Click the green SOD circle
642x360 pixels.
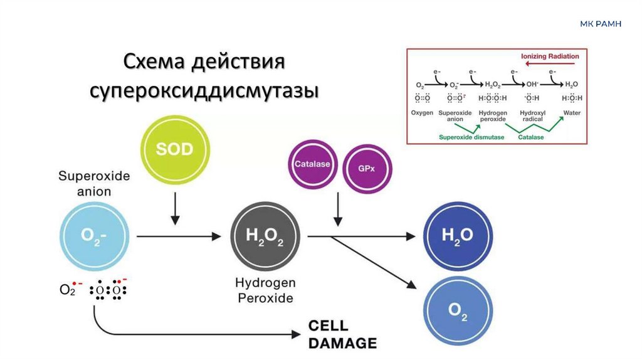(x=175, y=151)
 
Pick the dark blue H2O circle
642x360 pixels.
(x=456, y=235)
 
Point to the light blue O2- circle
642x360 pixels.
(x=95, y=236)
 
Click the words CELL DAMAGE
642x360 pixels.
(x=342, y=335)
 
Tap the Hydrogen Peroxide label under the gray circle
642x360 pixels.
(x=265, y=290)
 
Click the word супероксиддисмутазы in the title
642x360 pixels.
(x=203, y=92)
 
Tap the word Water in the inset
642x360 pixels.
(x=572, y=114)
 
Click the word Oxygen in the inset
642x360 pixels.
(x=422, y=114)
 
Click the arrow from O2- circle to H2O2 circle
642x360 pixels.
(x=179, y=236)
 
